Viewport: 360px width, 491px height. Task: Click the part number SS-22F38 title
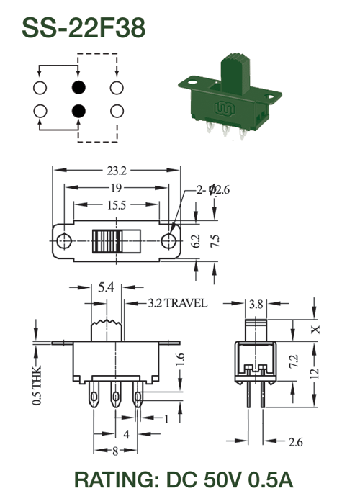coord(84,28)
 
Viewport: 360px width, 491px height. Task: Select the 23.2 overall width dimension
coord(117,171)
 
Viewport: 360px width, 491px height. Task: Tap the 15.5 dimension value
coord(117,205)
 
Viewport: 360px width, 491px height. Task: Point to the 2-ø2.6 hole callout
coord(213,190)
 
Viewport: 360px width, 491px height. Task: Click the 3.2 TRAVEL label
coord(178,303)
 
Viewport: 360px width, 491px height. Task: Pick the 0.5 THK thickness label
coord(37,385)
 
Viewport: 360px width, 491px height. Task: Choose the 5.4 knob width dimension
coord(106,287)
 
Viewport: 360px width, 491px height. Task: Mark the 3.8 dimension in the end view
coord(256,304)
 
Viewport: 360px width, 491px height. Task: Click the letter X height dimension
coord(316,330)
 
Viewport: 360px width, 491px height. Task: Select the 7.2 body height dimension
coord(294,361)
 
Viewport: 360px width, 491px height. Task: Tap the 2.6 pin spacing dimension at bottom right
coord(295,442)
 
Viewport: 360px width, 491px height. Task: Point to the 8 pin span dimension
coord(115,451)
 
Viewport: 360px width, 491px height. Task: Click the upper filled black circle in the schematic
coord(78,87)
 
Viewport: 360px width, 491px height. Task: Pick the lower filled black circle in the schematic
coord(78,111)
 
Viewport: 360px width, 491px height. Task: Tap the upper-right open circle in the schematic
coord(117,88)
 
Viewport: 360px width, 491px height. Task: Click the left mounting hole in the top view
coord(64,240)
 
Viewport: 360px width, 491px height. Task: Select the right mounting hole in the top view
coord(168,240)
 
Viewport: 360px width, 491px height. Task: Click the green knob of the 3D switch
coord(235,73)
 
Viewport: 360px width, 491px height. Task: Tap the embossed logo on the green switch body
coord(225,108)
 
